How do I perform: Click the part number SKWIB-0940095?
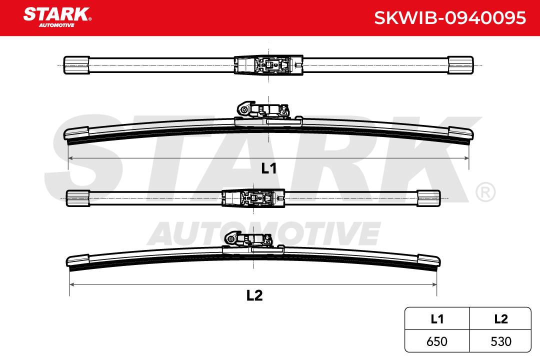(x=450, y=18)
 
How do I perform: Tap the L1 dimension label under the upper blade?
(x=269, y=168)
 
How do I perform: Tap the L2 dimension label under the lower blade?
(x=254, y=295)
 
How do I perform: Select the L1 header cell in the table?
(x=437, y=319)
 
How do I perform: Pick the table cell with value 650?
(x=437, y=341)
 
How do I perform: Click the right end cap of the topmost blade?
(x=460, y=65)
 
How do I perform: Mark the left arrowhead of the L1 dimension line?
(x=70, y=158)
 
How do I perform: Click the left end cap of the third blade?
(x=78, y=198)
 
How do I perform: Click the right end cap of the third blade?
(x=428, y=198)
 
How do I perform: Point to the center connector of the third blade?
(x=254, y=198)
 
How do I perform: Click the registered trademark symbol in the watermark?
(x=485, y=192)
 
